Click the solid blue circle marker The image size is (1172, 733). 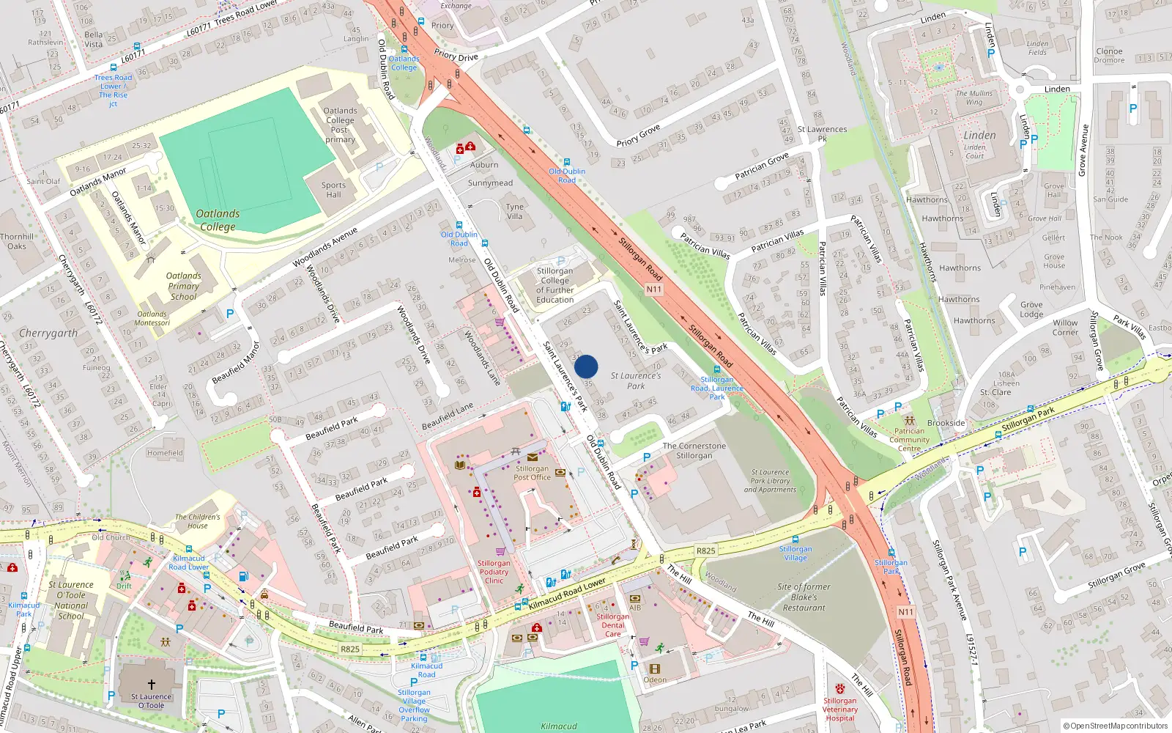point(586,366)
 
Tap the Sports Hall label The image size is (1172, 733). point(333,190)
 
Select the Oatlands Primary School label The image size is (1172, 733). point(184,287)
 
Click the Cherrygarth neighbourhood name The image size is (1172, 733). point(48,334)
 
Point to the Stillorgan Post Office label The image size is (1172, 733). point(532,473)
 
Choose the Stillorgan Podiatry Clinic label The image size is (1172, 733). point(494,572)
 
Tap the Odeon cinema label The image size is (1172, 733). point(655,679)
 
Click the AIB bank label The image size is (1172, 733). point(635,608)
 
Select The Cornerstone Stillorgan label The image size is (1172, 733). point(694,451)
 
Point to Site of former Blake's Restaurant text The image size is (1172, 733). point(804,597)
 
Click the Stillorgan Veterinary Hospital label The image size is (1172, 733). point(839,710)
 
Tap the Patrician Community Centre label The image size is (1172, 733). point(910,440)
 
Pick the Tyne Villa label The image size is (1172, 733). point(515,211)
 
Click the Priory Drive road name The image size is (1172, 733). point(456,56)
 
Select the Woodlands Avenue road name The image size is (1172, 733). point(325,248)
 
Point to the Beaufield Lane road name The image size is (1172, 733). point(448,416)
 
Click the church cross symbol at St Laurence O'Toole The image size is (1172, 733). point(152,685)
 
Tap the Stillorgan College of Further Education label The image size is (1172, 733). point(555,285)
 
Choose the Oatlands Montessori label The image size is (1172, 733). point(152,318)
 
